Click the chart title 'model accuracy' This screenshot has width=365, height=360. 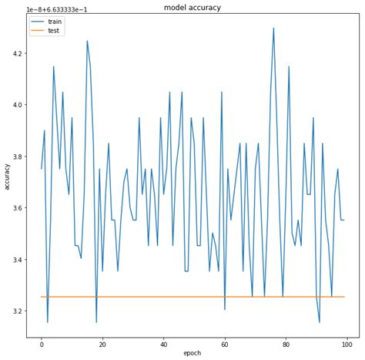[x=193, y=8]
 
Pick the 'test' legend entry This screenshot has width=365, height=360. [x=52, y=31]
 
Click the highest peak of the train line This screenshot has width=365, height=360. [x=273, y=29]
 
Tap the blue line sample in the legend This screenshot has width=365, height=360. [x=36, y=22]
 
